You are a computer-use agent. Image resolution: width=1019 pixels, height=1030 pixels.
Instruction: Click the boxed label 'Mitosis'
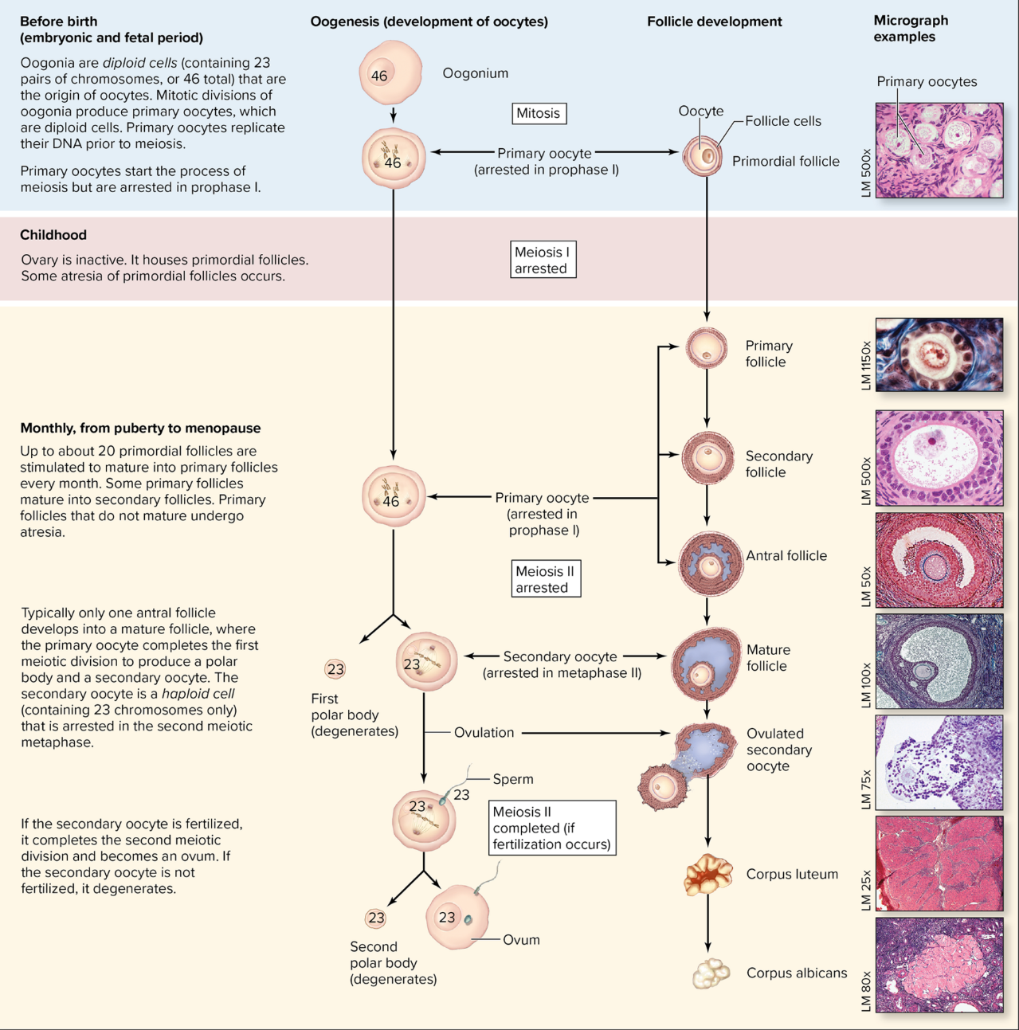coord(538,113)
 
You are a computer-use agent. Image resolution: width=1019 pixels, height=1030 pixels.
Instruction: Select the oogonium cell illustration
coord(390,74)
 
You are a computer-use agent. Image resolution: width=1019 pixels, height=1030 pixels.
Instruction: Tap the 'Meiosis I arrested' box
coord(543,260)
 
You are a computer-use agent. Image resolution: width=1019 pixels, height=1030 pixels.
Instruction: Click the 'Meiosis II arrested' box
coord(545,579)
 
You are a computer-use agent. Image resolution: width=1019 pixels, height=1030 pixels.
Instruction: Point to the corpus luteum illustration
coord(707,874)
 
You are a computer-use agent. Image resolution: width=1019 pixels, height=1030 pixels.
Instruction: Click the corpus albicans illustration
coord(710,973)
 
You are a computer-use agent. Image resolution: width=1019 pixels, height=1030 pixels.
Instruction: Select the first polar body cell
coord(335,669)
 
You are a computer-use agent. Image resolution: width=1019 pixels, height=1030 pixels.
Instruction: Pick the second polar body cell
coord(376,918)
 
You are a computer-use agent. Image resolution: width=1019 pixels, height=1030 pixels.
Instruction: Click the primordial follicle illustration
coord(703,157)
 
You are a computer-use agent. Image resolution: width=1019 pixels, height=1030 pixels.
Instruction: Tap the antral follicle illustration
coord(710,563)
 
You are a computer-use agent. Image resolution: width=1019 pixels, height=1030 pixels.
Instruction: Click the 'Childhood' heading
coord(53,235)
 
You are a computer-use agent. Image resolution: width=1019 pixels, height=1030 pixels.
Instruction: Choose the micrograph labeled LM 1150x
coord(939,354)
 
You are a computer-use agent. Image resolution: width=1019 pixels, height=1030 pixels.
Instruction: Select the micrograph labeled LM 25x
coord(939,863)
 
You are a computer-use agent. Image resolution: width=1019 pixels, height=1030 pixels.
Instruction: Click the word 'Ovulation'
coord(484,732)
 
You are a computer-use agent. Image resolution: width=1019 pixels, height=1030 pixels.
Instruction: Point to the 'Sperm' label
coord(512,779)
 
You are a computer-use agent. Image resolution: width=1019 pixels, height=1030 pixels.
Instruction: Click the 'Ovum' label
coord(521,940)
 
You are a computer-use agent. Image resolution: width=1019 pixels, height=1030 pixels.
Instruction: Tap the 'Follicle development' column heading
coord(714,22)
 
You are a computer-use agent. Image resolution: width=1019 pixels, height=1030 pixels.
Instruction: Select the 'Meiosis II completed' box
coord(552,828)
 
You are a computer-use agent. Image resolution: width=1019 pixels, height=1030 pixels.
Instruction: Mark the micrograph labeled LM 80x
coord(939,965)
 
